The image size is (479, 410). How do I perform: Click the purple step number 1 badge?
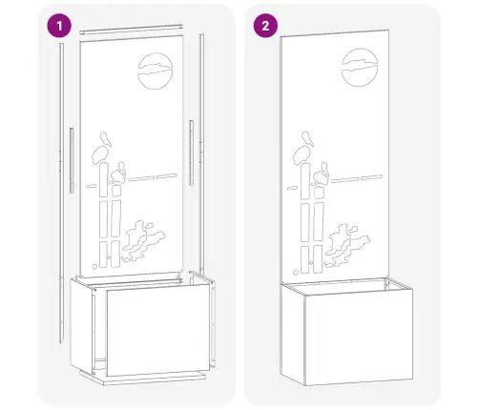(59, 26)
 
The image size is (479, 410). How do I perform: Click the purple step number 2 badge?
(265, 26)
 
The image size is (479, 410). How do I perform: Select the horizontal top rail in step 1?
(131, 29)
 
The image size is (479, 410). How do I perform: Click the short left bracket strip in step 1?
(72, 160)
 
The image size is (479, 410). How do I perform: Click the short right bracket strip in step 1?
(191, 153)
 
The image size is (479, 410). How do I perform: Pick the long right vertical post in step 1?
(201, 153)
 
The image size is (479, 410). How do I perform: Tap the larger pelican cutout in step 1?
(102, 150)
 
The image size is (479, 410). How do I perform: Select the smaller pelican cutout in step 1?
(118, 174)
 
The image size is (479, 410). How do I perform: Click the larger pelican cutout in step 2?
(303, 149)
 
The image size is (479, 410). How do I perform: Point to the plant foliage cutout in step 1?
(143, 240)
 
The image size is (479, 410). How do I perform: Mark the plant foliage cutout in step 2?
(346, 245)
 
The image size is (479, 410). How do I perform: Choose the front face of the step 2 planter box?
(359, 338)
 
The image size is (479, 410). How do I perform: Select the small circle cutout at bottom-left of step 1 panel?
(94, 266)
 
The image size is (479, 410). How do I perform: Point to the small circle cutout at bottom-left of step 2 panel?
(296, 272)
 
